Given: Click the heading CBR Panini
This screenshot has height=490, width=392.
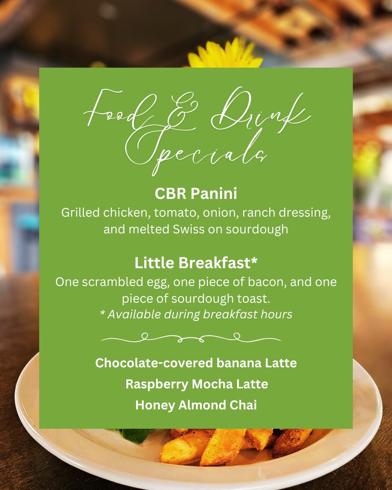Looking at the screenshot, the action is pos(196,193).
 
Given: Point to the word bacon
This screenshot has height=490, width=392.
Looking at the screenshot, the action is pos(267,282).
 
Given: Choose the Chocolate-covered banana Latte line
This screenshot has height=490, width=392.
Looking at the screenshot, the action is pos(196,363).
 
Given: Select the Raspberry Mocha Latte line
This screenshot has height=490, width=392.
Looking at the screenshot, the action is pos(197,384).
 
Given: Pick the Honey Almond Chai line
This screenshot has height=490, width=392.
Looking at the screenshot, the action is pos(196,405).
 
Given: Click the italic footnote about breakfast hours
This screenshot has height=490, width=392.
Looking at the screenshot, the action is pos(196,314).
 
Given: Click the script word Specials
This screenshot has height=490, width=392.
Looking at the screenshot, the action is pos(196,151).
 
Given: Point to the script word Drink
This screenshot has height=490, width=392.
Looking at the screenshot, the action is pos(261,109).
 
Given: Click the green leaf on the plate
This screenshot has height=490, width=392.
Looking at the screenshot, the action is pos(137,434).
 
